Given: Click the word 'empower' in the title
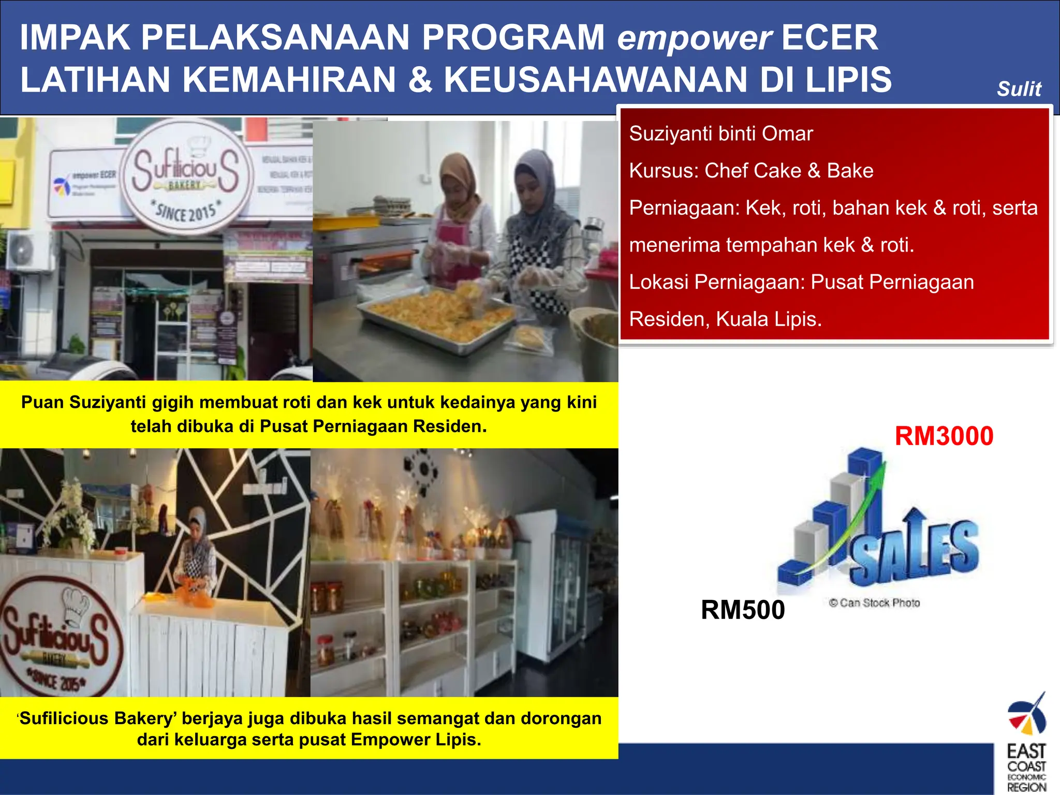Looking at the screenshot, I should pyautogui.click(x=694, y=38).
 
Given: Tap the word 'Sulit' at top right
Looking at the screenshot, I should pyautogui.click(x=1019, y=89).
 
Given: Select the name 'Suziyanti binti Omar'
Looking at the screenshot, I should pyautogui.click(x=720, y=134).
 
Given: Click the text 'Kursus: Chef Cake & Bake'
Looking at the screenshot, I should pyautogui.click(x=751, y=171).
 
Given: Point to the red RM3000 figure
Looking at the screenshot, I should pyautogui.click(x=944, y=436).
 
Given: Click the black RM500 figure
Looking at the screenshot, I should pyautogui.click(x=742, y=609).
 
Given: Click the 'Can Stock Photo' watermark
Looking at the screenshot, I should pyautogui.click(x=874, y=603).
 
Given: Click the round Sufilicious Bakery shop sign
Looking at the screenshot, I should pyautogui.click(x=186, y=176).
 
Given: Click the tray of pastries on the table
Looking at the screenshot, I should pyautogui.click(x=440, y=316).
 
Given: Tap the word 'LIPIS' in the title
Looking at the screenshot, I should pyautogui.click(x=849, y=80).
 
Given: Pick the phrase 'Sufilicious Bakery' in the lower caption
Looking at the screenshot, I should pyautogui.click(x=98, y=718).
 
